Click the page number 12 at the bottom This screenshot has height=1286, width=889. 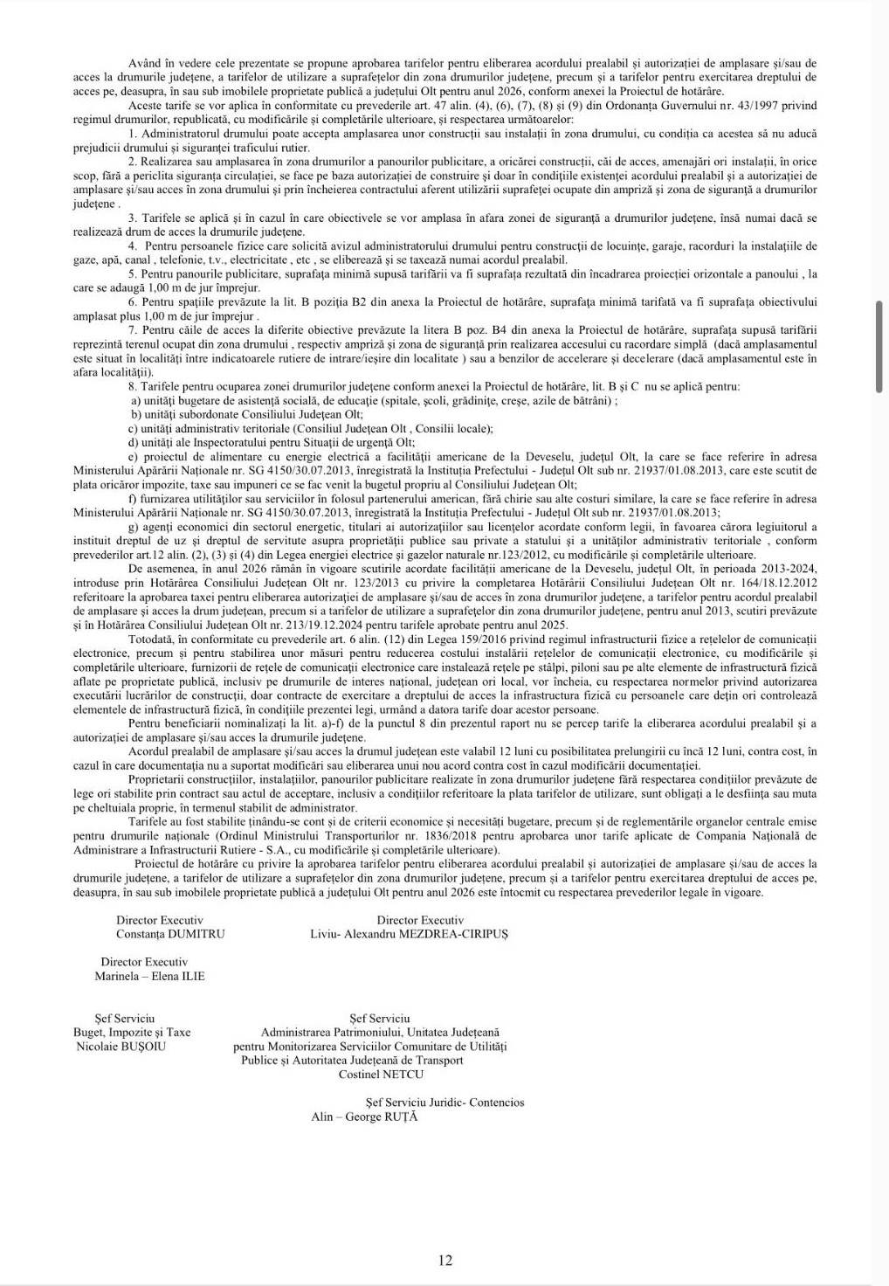point(445,1260)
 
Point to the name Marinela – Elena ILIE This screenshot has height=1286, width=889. point(149,976)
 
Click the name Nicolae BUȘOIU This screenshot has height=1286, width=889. point(121,1046)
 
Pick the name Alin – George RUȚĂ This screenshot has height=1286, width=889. point(364,1117)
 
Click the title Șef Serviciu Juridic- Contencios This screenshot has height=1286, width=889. point(444,1103)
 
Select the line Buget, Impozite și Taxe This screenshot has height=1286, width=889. point(132,1032)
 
